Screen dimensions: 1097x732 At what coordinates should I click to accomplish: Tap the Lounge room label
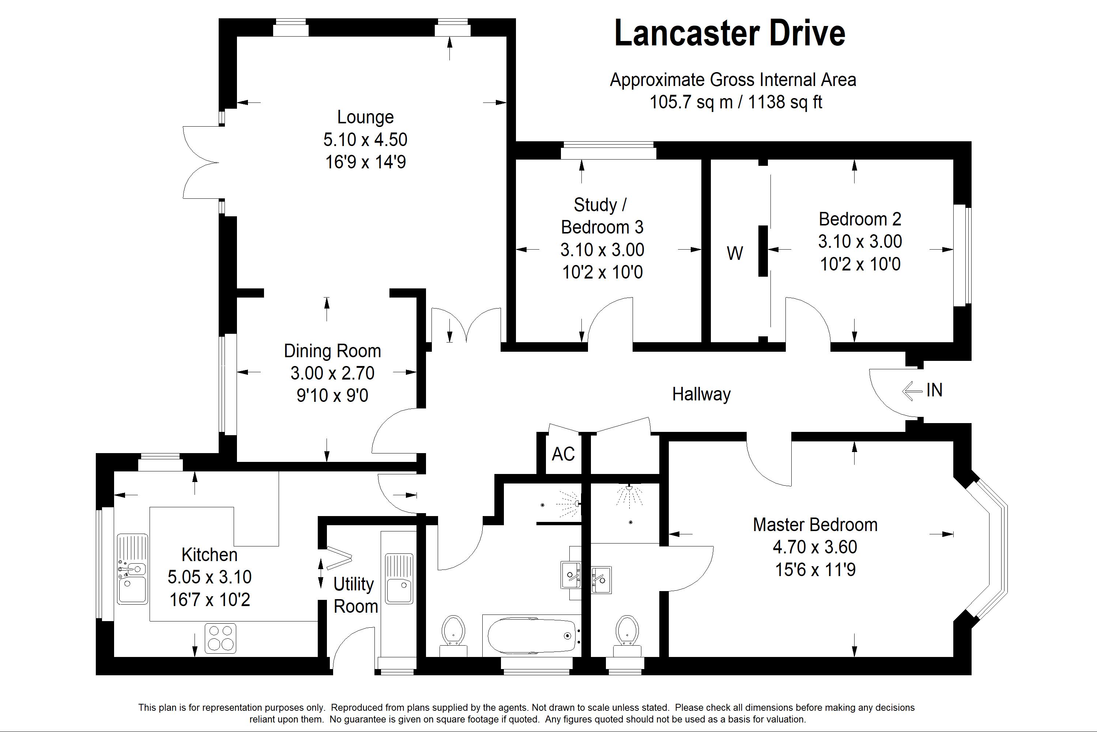pos(365,117)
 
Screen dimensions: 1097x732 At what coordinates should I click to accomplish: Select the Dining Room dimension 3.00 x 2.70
pos(332,373)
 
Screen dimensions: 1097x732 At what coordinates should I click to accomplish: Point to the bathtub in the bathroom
pos(531,635)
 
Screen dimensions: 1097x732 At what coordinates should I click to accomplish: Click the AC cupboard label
pos(563,454)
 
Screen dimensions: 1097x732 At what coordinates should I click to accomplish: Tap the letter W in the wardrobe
pos(735,254)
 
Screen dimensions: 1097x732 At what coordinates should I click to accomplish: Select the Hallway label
pos(701,395)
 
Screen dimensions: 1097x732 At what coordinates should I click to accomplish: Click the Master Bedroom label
pos(815,525)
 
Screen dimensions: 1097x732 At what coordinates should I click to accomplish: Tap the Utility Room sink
pos(399,579)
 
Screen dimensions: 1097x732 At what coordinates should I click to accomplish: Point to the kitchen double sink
pos(132,569)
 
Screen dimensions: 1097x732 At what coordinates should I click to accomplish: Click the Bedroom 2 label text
pos(860,219)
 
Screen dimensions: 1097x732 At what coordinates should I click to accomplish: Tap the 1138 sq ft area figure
pos(785,102)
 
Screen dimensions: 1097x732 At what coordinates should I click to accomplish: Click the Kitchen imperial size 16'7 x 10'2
pos(210,600)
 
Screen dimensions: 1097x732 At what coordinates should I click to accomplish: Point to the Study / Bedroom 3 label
pos(602,216)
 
